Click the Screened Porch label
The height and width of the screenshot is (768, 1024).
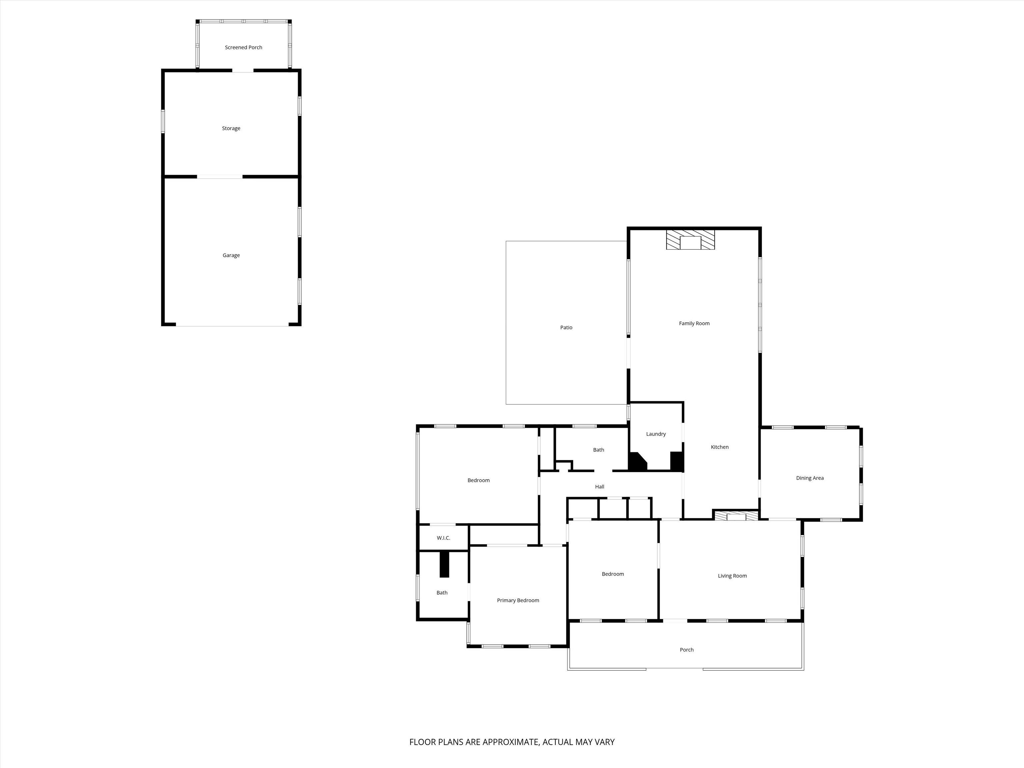click(244, 47)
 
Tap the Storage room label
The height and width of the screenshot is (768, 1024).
click(231, 128)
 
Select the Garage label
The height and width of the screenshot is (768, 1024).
click(231, 255)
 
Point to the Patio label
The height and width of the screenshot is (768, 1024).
click(566, 327)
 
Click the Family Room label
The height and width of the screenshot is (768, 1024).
click(694, 323)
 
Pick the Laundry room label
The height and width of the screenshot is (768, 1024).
click(656, 434)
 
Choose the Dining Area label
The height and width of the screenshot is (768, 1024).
click(810, 478)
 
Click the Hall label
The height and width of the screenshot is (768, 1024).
click(599, 487)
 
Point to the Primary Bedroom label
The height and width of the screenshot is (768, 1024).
click(518, 600)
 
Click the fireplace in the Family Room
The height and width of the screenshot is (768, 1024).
click(690, 239)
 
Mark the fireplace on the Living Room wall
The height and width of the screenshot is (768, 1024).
click(736, 515)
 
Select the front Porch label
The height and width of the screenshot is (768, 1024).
click(687, 649)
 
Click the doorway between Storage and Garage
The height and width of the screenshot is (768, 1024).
click(220, 176)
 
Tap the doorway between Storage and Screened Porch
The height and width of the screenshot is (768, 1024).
click(243, 70)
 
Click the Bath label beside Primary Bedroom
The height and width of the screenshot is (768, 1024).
click(442, 593)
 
